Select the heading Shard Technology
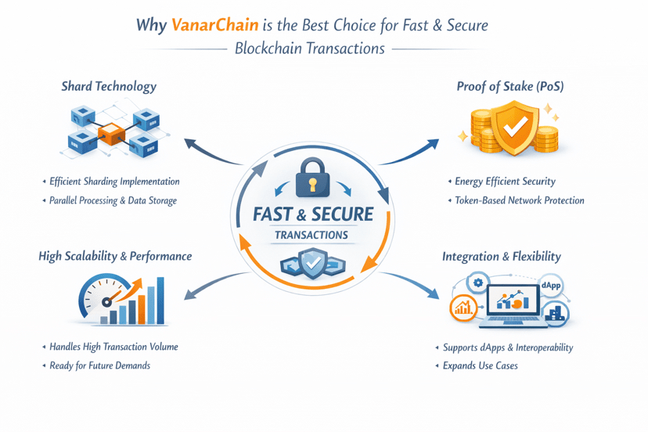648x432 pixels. [x=109, y=86]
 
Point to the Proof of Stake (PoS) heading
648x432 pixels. [x=509, y=86]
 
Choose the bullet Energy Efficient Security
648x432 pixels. [x=505, y=182]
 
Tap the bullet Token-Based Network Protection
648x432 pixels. [x=519, y=200]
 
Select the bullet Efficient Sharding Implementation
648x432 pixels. [x=114, y=182]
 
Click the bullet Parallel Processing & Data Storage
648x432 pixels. [x=113, y=200]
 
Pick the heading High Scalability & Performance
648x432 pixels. [x=115, y=256]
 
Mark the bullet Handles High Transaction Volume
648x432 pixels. [x=113, y=347]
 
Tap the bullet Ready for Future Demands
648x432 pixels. [x=99, y=365]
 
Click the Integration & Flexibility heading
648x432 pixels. [x=501, y=256]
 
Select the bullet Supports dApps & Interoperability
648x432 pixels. [x=508, y=347]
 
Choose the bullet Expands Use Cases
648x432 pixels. [x=480, y=365]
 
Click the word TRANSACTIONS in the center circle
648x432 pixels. [x=311, y=235]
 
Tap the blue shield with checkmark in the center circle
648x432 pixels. [x=311, y=264]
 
